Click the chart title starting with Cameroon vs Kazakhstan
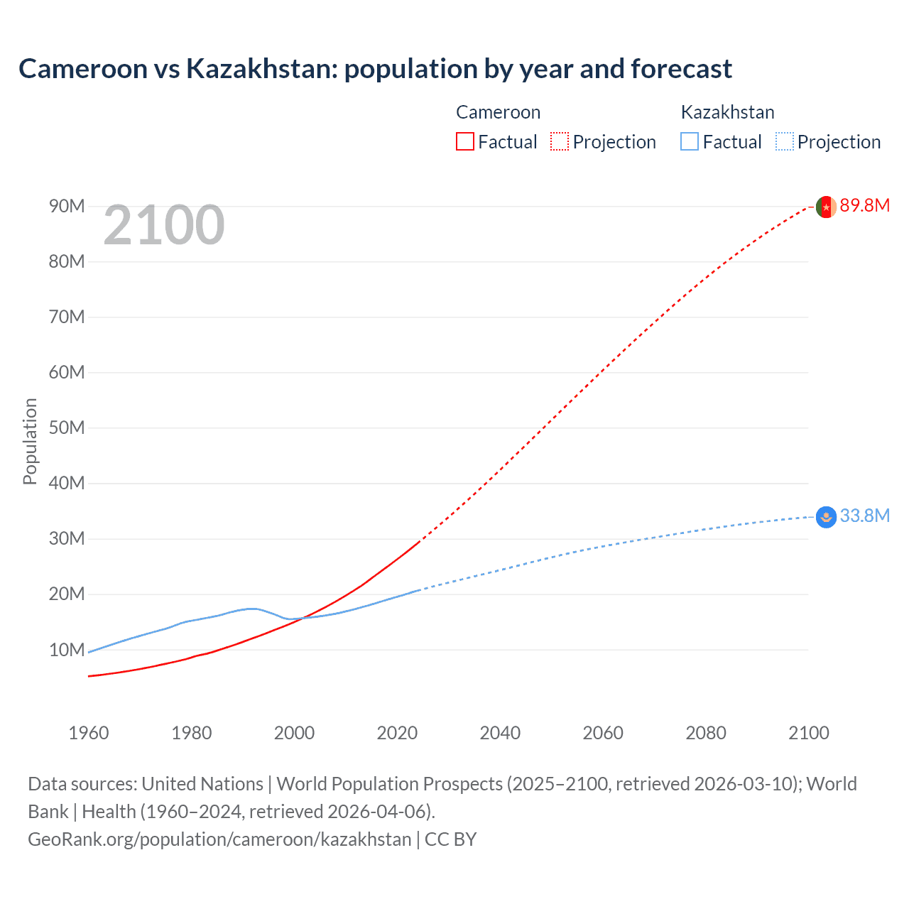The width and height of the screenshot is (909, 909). [x=375, y=69]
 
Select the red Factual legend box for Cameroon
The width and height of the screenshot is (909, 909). [x=465, y=141]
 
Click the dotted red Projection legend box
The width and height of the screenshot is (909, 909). [x=560, y=141]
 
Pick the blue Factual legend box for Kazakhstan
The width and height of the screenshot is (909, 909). [x=690, y=141]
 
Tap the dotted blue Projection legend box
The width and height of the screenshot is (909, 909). [x=785, y=141]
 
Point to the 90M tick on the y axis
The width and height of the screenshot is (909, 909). [x=67, y=206]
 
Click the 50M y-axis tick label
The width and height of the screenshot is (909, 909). [x=67, y=428]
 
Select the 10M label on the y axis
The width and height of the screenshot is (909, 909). [x=67, y=650]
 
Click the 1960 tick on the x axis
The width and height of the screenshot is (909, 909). [x=89, y=733]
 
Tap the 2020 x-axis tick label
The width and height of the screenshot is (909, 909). [x=398, y=733]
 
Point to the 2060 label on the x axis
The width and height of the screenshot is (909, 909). [x=603, y=733]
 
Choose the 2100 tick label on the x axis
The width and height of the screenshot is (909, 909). [x=808, y=733]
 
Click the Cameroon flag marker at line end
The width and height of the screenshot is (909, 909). [x=826, y=207]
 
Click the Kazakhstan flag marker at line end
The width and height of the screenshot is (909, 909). [x=826, y=517]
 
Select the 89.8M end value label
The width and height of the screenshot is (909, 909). [x=864, y=206]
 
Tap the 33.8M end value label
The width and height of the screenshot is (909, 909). [x=864, y=516]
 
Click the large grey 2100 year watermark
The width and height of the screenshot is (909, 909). [x=164, y=226]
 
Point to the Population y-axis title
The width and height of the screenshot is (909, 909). [x=30, y=441]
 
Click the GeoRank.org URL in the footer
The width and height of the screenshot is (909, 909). [x=219, y=839]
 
